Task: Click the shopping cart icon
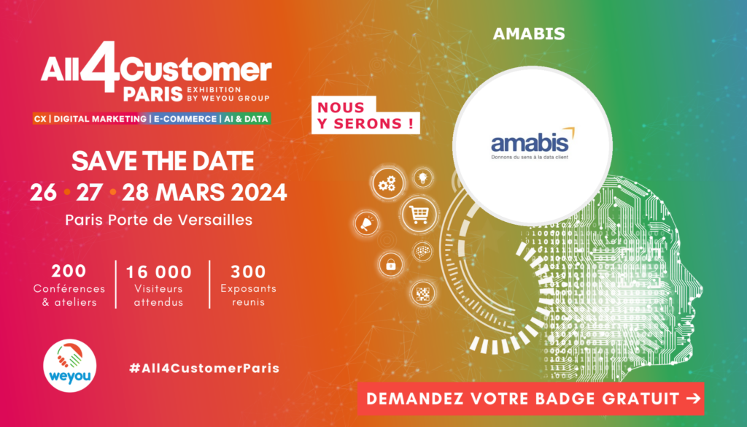[418, 214]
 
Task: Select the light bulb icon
[423, 178]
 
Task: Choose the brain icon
[422, 252]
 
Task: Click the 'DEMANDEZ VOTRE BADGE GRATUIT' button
[531, 399]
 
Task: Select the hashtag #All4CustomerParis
[204, 368]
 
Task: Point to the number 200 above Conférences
[69, 272]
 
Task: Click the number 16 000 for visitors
[158, 272]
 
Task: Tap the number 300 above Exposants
[248, 272]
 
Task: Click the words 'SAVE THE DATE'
[163, 161]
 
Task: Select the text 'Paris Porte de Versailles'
[159, 219]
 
